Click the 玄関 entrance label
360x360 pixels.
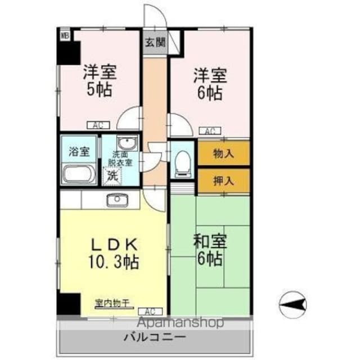(154, 42)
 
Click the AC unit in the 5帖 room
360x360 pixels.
(94, 125)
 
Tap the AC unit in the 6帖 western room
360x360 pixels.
(209, 131)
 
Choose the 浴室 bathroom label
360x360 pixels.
(79, 151)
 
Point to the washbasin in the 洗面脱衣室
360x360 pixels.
(125, 142)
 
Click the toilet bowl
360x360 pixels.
(182, 162)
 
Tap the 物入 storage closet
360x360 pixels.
(223, 153)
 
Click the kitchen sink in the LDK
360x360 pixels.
(118, 199)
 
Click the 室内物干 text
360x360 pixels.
(112, 303)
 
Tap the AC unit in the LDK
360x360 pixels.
(150, 310)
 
